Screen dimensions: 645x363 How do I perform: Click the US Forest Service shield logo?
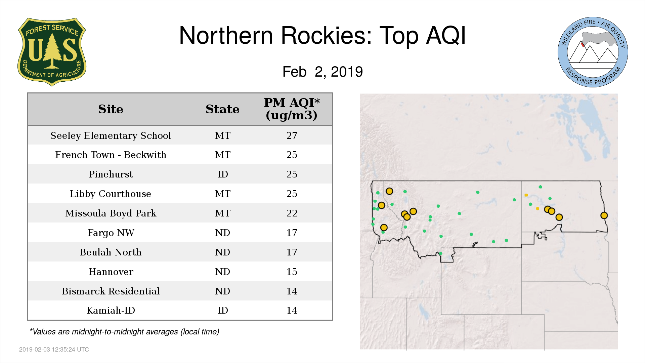coord(52,52)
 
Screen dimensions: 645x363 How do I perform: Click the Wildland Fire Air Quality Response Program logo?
coord(593,52)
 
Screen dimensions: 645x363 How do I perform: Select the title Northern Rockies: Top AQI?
coord(322,36)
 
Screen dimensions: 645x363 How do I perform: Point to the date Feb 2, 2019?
coord(322,72)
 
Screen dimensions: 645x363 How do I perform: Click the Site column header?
coord(111,109)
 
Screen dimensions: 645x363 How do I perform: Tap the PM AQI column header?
coord(292,109)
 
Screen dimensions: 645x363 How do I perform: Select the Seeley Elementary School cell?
coord(111,135)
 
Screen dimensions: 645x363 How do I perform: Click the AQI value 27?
coord(292,135)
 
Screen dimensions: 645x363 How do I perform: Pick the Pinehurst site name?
coord(111,174)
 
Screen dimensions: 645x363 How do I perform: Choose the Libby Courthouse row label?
coord(111,194)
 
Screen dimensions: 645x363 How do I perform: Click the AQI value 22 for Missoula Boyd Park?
coord(292,213)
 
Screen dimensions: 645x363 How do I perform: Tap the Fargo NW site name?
coord(111,233)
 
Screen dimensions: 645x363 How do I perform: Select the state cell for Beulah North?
coord(222,252)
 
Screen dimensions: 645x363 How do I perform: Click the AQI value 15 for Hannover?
coord(292,272)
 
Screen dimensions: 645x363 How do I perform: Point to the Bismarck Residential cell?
coord(111,291)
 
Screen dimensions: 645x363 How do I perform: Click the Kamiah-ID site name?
coord(111,310)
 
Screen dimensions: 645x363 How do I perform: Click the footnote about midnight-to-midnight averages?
coord(125,332)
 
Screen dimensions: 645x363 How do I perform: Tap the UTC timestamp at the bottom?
coord(54,350)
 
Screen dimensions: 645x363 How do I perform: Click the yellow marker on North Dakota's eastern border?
coord(604,215)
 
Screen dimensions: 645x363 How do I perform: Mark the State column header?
coord(222,109)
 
